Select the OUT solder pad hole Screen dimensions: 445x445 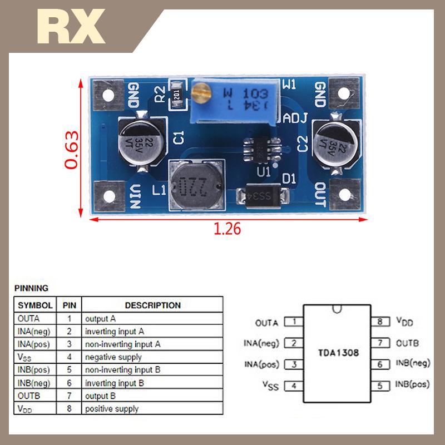point(345,195)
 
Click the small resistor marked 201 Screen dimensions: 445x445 point(177,92)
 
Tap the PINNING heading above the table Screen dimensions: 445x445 point(32,288)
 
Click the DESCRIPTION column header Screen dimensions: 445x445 point(152,305)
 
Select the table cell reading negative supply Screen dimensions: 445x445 point(113,357)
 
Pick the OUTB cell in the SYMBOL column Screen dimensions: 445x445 point(29,395)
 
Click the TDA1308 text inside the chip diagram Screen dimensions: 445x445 point(338,353)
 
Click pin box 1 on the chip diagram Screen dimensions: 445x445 point(293,322)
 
